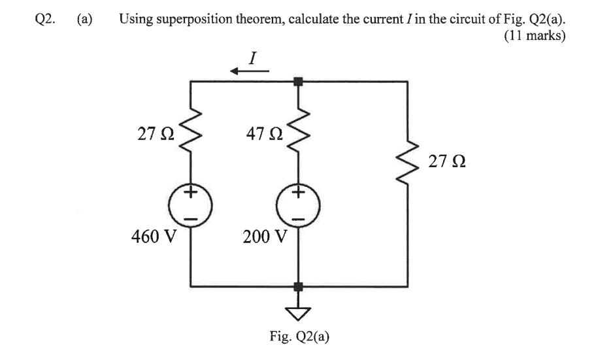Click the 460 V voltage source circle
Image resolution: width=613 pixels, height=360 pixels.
click(x=190, y=205)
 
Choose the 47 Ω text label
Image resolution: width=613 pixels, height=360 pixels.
click(x=265, y=135)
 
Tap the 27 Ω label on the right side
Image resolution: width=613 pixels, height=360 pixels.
click(x=444, y=161)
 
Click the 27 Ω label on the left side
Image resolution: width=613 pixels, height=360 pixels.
click(x=156, y=135)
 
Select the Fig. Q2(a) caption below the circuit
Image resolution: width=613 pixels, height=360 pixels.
click(x=299, y=336)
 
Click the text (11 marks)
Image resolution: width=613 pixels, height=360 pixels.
click(x=534, y=36)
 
